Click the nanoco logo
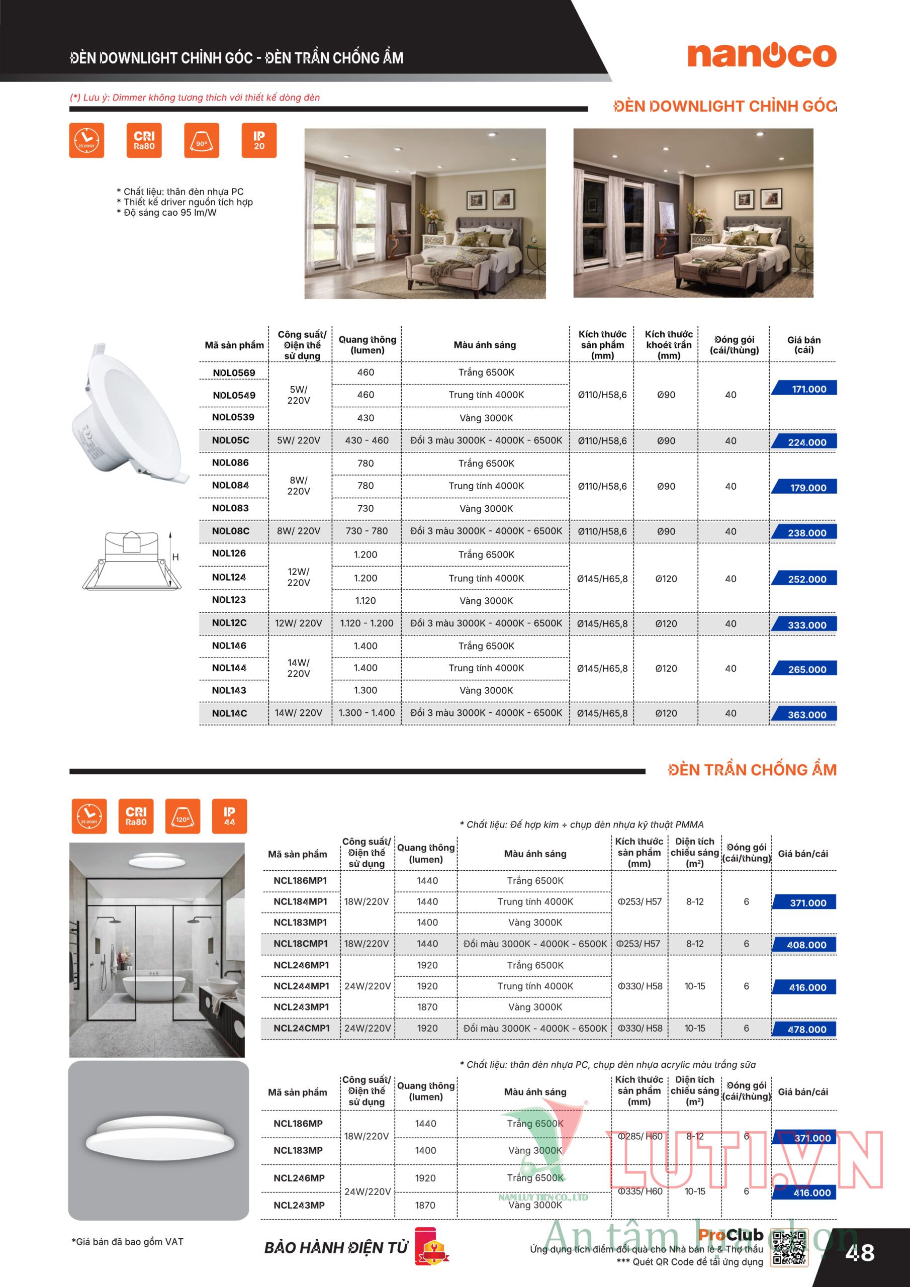click(761, 55)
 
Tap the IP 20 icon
click(258, 140)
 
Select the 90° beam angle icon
click(201, 140)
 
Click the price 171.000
click(807, 389)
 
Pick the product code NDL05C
click(230, 440)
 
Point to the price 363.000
click(806, 714)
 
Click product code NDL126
click(229, 553)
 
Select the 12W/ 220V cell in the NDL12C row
click(298, 623)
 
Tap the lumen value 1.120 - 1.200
click(367, 623)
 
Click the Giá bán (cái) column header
click(803, 345)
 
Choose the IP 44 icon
click(229, 815)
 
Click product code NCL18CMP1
click(301, 944)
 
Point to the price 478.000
click(806, 1029)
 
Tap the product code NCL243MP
click(299, 1205)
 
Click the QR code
click(789, 1248)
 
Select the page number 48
click(860, 1252)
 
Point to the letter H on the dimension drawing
click(175, 557)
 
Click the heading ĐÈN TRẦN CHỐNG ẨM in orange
click(752, 770)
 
